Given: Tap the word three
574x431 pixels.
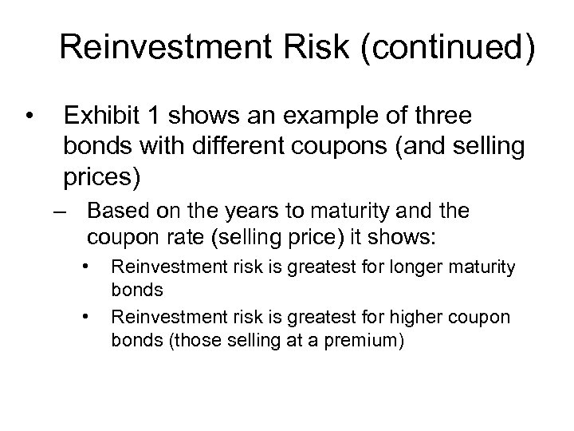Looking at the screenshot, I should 443,116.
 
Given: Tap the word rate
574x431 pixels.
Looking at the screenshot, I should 178,238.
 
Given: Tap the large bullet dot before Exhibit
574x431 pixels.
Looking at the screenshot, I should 29,117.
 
